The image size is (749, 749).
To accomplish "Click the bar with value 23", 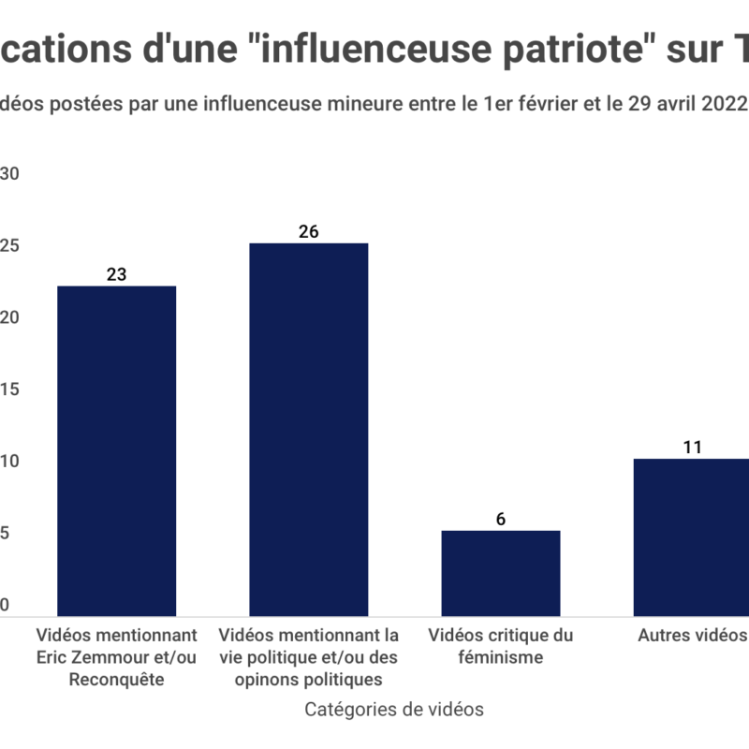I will coord(117,449).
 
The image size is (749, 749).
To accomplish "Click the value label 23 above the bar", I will coord(117,274).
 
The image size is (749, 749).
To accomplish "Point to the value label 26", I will coord(308,231).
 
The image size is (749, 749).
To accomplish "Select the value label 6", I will coord(501,519).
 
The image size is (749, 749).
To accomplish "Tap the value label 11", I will coord(693,447).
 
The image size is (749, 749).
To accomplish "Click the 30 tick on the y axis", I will coord(10,174).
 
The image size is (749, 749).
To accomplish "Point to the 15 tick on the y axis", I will coord(10,389).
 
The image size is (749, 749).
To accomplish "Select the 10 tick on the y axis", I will coord(10,462).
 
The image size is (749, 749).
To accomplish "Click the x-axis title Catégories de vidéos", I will coord(394,710).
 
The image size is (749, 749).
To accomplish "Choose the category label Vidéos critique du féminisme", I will coord(501,646).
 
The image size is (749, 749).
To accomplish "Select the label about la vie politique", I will coord(308,657).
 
